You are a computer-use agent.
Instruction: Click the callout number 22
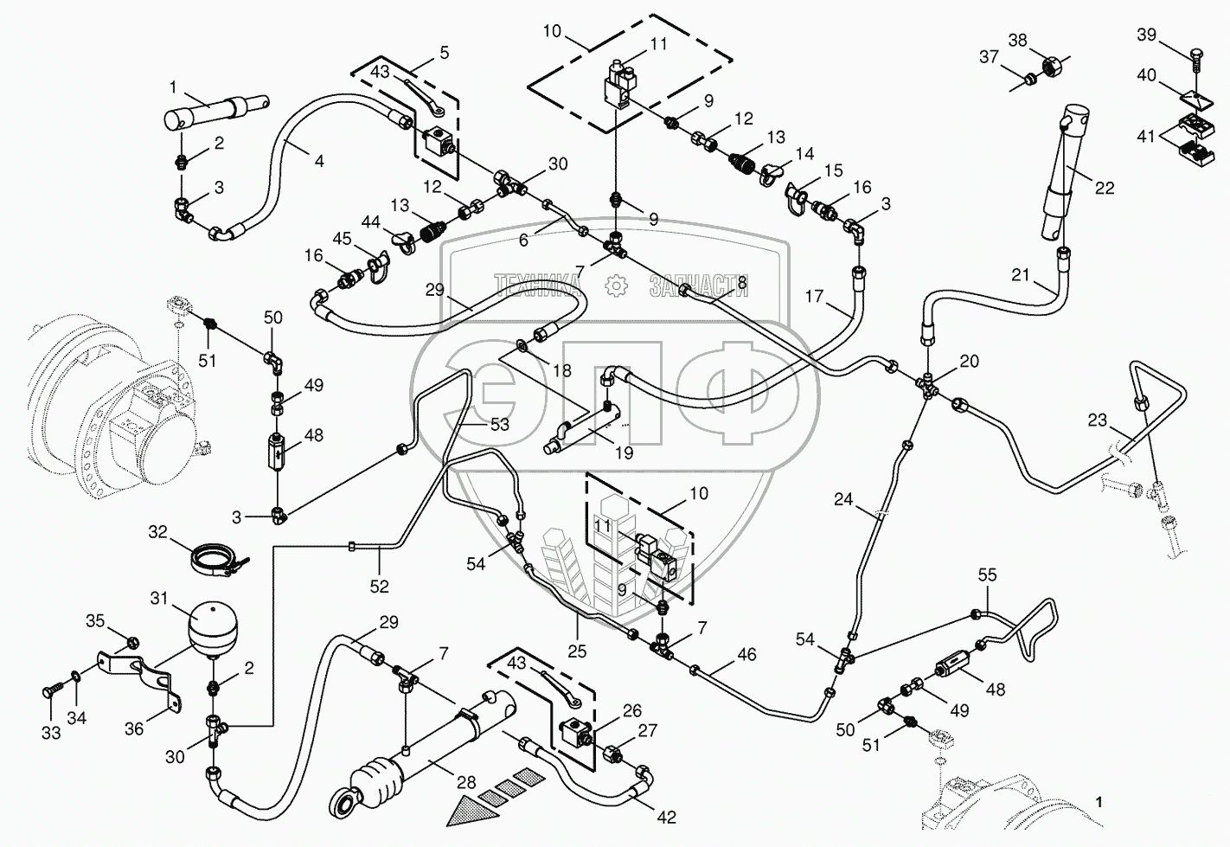pos(1105,188)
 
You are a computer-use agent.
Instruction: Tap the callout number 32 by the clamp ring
pos(157,531)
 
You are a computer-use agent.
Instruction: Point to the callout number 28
pos(466,783)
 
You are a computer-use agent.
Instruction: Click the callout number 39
pos(1146,34)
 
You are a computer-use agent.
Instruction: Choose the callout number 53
pos(500,424)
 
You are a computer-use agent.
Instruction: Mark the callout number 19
pos(624,452)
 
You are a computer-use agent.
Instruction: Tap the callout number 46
pos(746,655)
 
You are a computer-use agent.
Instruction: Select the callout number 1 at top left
pos(173,87)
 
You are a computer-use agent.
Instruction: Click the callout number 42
pos(667,817)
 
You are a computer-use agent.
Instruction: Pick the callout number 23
pos(1097,420)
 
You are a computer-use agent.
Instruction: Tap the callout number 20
pos(970,361)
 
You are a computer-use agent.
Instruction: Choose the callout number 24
pos(843,498)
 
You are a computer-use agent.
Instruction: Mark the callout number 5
pos(444,52)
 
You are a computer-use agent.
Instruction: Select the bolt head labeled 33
pos(48,693)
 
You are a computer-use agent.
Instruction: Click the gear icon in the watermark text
pos(615,285)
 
